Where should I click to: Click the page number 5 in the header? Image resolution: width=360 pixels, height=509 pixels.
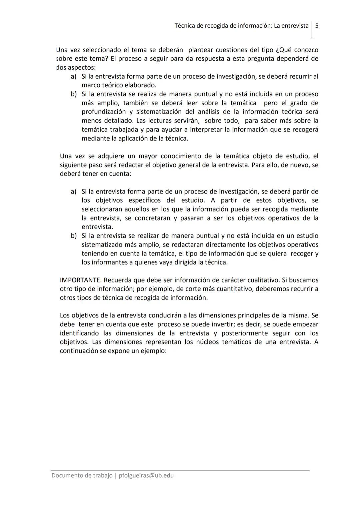click(317, 26)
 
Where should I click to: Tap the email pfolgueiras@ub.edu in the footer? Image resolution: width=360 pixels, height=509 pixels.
click(146, 475)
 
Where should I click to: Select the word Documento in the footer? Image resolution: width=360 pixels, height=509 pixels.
click(68, 475)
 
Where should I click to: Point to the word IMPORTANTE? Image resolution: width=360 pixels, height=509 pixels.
click(80, 280)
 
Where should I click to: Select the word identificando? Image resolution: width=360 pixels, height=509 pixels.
click(79, 333)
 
